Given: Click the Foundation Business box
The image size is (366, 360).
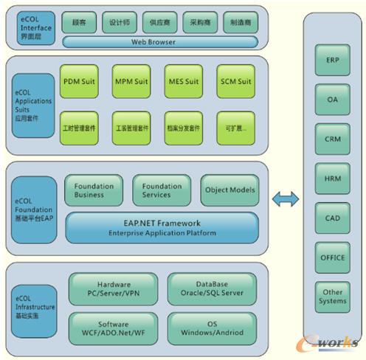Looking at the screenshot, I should (94, 190).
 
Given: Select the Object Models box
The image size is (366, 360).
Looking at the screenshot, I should (229, 190).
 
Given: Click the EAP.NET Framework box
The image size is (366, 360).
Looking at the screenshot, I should (162, 227).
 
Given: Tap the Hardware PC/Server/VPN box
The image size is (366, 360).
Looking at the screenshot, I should (113, 288).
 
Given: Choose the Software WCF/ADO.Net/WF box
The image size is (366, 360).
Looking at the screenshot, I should (113, 328).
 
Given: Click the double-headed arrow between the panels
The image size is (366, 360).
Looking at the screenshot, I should (285, 199).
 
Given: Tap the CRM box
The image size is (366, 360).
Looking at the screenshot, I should (333, 138).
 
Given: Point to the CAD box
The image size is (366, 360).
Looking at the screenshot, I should (333, 218).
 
